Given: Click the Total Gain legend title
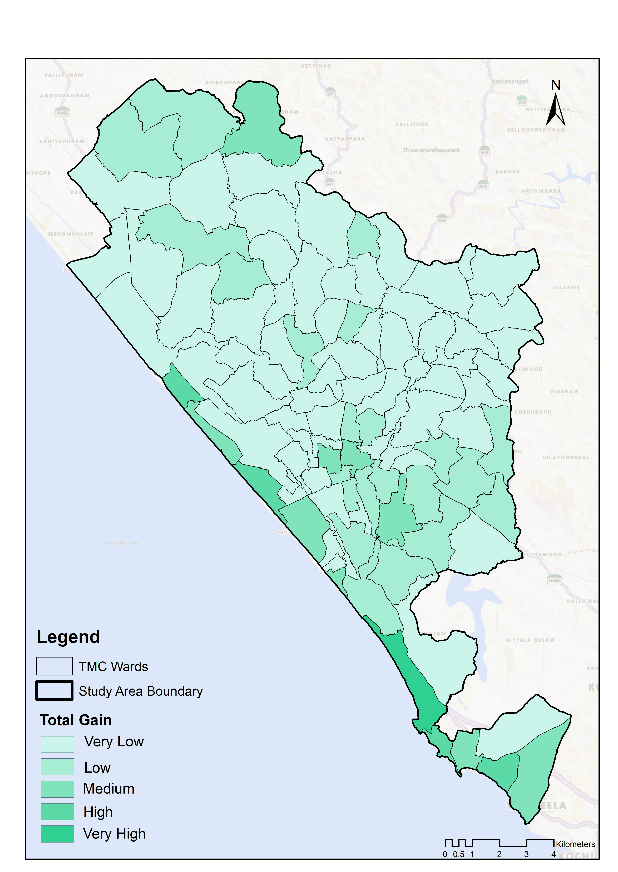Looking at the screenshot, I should [x=76, y=720].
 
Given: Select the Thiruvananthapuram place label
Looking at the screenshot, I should [x=431, y=150].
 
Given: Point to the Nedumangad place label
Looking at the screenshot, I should [x=510, y=81].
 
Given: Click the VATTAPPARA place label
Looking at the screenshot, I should [x=345, y=139].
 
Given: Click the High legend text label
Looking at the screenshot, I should [x=98, y=812].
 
